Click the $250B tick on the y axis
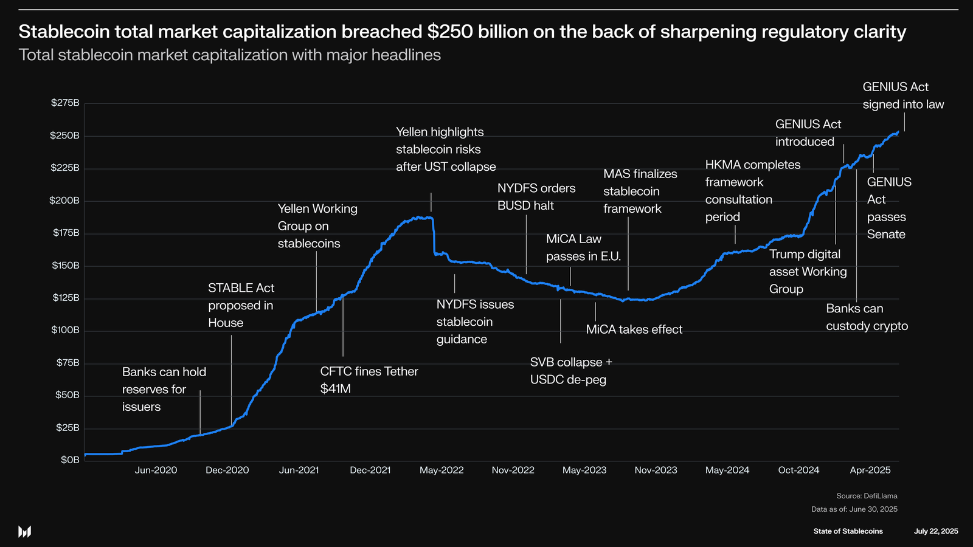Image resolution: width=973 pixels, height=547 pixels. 64,136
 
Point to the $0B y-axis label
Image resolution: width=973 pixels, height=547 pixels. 70,460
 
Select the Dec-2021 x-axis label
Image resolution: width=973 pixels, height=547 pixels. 370,470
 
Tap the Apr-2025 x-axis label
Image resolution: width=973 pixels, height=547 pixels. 870,470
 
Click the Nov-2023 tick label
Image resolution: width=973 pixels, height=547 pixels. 656,470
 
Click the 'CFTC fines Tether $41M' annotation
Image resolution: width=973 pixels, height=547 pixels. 369,380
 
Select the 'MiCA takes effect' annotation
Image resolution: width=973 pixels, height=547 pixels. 634,329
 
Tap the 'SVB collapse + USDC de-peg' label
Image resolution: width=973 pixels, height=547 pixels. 570,371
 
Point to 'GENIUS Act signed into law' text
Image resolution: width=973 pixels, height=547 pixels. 903,95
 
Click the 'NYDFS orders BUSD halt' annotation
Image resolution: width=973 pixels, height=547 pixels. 536,197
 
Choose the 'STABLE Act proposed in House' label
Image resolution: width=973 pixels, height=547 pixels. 241,305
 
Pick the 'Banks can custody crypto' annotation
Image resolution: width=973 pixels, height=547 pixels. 867,317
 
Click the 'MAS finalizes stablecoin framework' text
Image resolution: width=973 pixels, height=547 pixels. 640,191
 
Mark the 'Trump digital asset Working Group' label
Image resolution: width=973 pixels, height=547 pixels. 808,272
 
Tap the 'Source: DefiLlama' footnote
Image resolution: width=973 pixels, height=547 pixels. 867,496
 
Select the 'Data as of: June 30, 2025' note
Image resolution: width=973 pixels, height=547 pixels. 854,509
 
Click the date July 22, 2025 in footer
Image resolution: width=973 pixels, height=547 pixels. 935,531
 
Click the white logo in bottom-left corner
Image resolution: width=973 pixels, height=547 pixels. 24,532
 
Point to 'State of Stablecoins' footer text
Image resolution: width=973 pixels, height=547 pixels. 848,531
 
